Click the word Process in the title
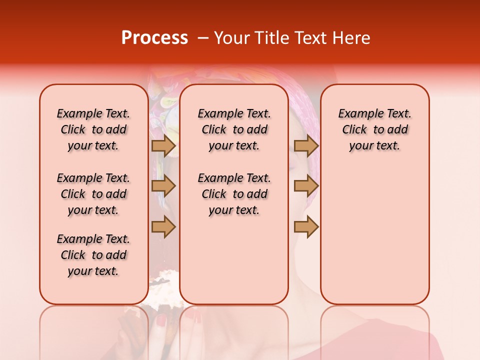[154, 38]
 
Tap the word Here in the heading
[352, 38]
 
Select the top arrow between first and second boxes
[163, 145]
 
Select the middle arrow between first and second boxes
[163, 186]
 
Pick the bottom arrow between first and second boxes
[163, 226]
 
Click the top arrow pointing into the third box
[306, 145]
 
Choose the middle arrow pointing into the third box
[306, 186]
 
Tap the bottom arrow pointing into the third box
[306, 226]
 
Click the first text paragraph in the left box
[93, 129]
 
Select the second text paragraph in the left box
[93, 194]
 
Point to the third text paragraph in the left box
[93, 255]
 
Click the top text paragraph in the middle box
[234, 129]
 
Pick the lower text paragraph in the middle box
[234, 194]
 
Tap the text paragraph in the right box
[374, 129]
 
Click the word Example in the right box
[355, 114]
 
